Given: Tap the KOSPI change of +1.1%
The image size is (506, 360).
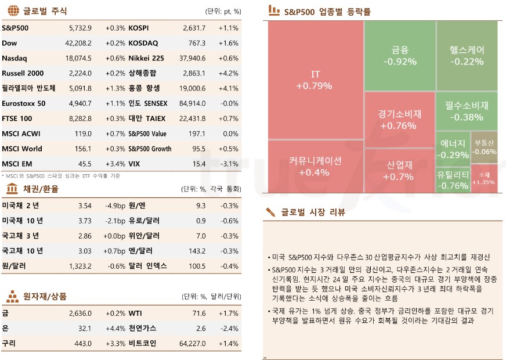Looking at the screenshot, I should tap(228, 28).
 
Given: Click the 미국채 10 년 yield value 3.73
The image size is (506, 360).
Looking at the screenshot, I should tap(85, 221).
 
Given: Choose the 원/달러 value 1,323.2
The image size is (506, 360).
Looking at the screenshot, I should tap(80, 266).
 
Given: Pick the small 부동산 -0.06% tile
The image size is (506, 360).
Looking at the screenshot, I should tap(484, 147).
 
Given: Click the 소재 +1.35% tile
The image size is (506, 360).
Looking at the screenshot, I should tap(484, 178).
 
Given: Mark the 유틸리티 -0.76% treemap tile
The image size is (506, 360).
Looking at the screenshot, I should tap(453, 179).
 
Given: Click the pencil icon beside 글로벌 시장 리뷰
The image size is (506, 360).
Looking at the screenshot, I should tap(270, 212).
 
